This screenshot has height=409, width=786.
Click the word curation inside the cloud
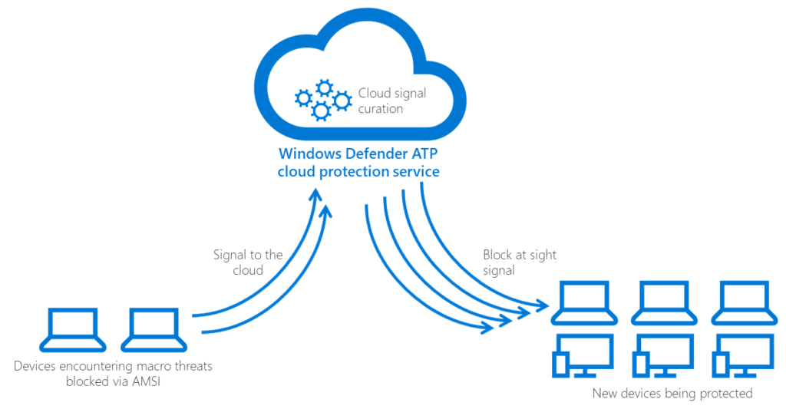(x=380, y=109)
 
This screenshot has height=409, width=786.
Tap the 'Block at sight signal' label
(x=520, y=262)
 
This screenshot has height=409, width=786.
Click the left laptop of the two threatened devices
(x=73, y=328)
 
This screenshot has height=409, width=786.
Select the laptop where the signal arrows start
(x=154, y=328)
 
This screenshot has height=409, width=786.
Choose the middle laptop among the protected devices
(x=662, y=302)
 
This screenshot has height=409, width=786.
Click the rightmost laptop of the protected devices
(x=739, y=302)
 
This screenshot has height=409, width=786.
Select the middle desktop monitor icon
(x=662, y=354)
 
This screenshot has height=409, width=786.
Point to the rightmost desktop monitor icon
(x=739, y=354)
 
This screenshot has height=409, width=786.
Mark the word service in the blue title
(x=414, y=171)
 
